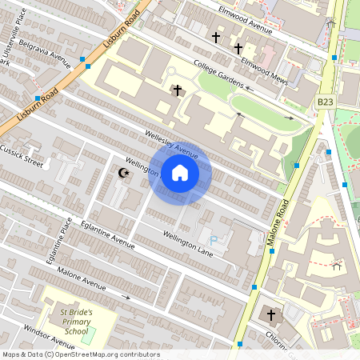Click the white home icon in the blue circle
tap(180, 173)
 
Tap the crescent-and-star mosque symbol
tap(123, 173)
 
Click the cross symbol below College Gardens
tap(177, 90)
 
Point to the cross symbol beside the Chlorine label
tap(271, 314)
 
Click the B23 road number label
tap(325, 102)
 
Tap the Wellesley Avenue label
tap(171, 143)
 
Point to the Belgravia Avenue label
tap(44, 51)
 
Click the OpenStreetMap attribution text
tap(81, 354)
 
